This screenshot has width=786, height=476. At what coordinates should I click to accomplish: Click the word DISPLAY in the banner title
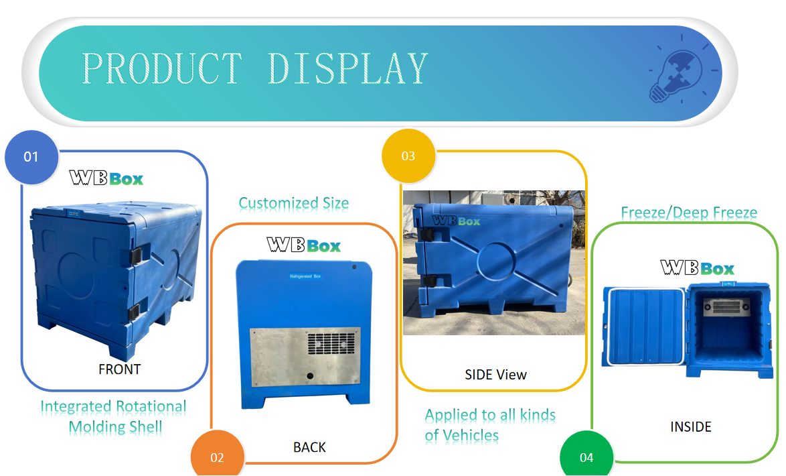[347, 68]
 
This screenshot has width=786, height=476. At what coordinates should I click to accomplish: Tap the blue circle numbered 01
[31, 157]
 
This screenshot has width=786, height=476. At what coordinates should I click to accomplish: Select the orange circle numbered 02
[217, 457]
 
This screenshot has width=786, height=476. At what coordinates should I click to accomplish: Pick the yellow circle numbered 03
[408, 156]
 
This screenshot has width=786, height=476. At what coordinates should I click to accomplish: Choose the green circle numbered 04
[586, 457]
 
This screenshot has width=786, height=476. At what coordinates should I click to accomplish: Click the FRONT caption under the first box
[119, 369]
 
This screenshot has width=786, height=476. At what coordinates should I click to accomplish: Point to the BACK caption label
[309, 447]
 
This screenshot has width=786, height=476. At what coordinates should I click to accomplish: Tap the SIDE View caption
[495, 374]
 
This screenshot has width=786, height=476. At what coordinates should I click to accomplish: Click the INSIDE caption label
[690, 426]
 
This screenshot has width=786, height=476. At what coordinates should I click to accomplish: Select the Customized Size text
[293, 202]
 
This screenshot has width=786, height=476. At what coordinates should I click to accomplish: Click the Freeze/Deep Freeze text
[689, 213]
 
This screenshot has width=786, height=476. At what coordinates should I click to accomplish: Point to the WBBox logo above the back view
[304, 245]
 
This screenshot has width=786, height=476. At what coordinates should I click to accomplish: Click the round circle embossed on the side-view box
[496, 259]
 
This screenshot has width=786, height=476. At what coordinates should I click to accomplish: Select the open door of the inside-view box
[642, 326]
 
